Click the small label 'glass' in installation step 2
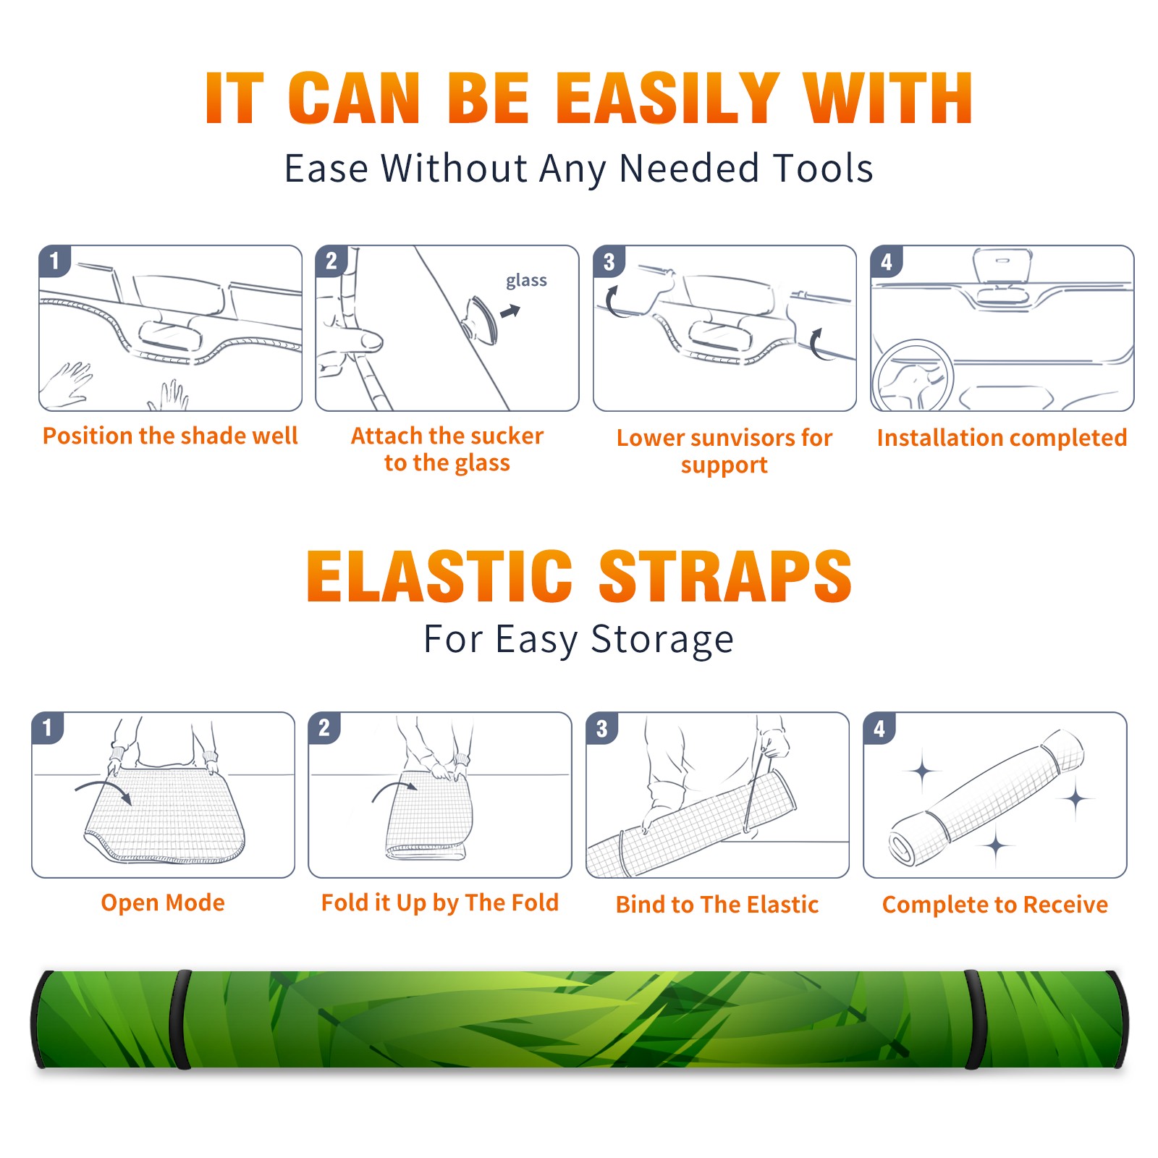tap(526, 281)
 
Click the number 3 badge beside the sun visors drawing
tap(609, 262)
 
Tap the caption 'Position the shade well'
tap(170, 436)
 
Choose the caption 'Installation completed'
tap(1002, 437)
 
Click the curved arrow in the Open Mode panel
tap(103, 790)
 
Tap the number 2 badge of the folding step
tap(324, 728)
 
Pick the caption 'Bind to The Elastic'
tap(717, 905)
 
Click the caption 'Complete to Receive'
tap(994, 905)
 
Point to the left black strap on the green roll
tap(180, 1020)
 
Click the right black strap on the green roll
tap(973, 1020)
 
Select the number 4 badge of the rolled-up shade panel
tap(879, 728)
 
